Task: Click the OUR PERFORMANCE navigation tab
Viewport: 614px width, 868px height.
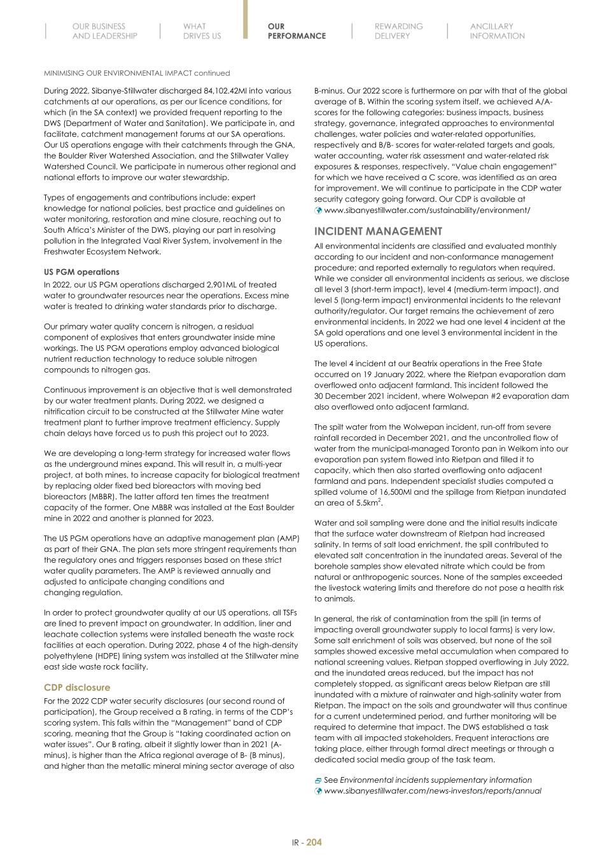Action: point(297,31)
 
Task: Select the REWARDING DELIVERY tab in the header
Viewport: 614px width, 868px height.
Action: point(398,31)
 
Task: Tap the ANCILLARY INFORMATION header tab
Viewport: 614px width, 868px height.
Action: point(497,31)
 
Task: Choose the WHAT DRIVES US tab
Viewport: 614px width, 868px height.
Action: point(202,31)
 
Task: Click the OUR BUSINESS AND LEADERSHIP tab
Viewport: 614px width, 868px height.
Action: point(104,31)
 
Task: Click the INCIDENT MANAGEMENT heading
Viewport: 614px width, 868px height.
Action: point(378,231)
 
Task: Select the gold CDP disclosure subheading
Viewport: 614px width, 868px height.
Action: point(77,687)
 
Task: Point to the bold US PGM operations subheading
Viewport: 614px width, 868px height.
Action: point(81,272)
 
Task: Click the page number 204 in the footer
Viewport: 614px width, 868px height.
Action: point(314,843)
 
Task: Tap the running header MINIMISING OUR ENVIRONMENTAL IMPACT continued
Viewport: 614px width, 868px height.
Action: point(137,73)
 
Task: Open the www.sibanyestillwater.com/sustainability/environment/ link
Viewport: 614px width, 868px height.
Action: point(427,210)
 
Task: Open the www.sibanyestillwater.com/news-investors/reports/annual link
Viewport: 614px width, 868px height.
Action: point(433,791)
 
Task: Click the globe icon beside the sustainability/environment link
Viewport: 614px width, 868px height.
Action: point(319,210)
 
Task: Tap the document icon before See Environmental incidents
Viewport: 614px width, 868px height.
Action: point(318,780)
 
